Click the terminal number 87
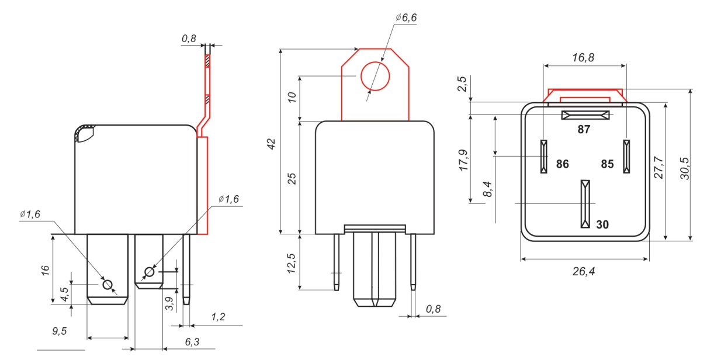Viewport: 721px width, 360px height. click(584, 129)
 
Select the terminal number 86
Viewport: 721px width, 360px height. click(562, 164)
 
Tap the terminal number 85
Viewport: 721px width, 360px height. click(607, 164)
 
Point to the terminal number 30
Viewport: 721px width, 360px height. click(602, 224)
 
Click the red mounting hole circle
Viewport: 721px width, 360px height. click(375, 62)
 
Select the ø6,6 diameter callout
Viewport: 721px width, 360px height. click(406, 18)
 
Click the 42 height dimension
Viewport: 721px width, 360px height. click(272, 144)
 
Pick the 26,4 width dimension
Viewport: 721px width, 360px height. click(584, 271)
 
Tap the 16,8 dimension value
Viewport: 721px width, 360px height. click(583, 58)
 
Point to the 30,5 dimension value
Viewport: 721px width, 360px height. click(685, 168)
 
